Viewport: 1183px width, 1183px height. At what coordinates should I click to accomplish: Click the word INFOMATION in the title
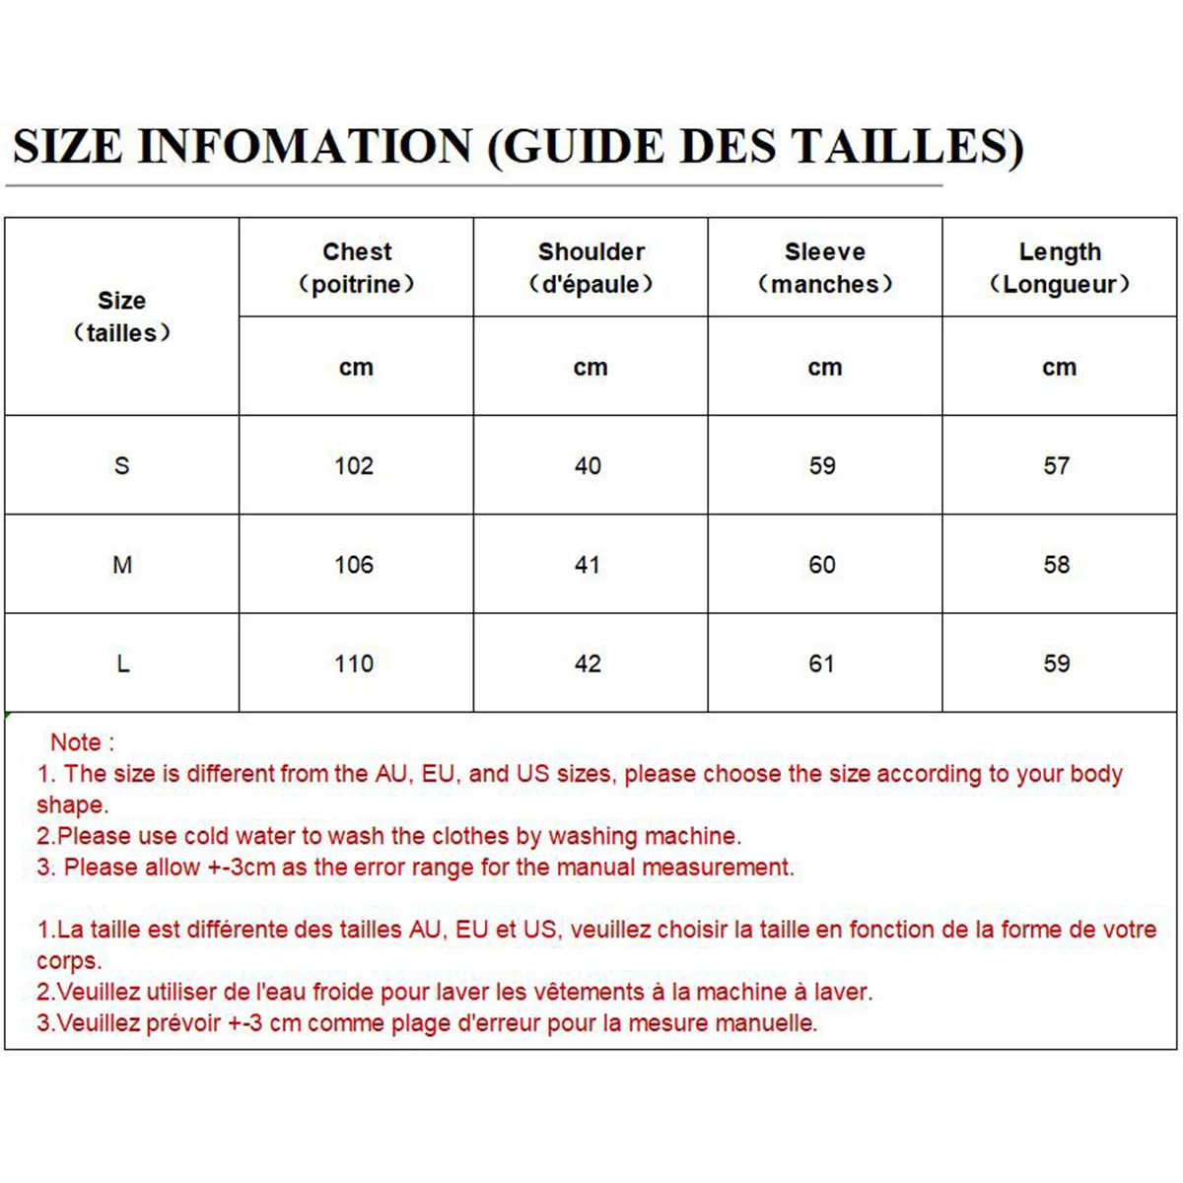pyautogui.click(x=305, y=147)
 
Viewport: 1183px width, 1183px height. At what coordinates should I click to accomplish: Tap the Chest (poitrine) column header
pyautogui.click(x=356, y=267)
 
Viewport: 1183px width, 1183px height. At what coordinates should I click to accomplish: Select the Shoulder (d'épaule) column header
pyautogui.click(x=591, y=267)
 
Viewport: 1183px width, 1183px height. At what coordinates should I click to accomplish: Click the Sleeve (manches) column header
pyautogui.click(x=825, y=267)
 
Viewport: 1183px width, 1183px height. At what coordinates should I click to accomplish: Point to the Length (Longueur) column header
pyautogui.click(x=1060, y=267)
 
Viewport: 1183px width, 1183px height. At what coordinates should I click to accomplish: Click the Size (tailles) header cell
pyautogui.click(x=121, y=316)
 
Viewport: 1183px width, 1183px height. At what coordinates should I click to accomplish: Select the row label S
pyautogui.click(x=121, y=465)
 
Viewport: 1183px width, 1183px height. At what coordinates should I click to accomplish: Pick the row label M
pyautogui.click(x=121, y=565)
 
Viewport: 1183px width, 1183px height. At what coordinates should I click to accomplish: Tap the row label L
pyautogui.click(x=122, y=663)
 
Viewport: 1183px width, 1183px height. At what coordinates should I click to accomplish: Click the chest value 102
pyautogui.click(x=354, y=465)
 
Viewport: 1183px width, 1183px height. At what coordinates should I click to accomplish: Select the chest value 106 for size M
pyautogui.click(x=354, y=565)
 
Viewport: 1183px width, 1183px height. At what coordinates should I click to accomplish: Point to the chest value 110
pyautogui.click(x=354, y=663)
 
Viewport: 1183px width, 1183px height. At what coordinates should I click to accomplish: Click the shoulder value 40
pyautogui.click(x=588, y=465)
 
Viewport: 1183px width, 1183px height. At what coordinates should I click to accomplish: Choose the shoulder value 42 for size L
pyautogui.click(x=588, y=663)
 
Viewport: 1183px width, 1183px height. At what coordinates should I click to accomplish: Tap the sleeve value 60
pyautogui.click(x=822, y=565)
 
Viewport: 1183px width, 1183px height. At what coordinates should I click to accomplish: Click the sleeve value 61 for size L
pyautogui.click(x=822, y=663)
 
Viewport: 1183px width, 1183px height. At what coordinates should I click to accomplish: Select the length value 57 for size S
pyautogui.click(x=1057, y=465)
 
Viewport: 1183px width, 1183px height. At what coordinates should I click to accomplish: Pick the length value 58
pyautogui.click(x=1057, y=565)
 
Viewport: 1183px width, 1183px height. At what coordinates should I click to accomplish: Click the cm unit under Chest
pyautogui.click(x=356, y=368)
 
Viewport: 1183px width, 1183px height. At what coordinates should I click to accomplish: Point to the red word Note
pyautogui.click(x=76, y=742)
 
